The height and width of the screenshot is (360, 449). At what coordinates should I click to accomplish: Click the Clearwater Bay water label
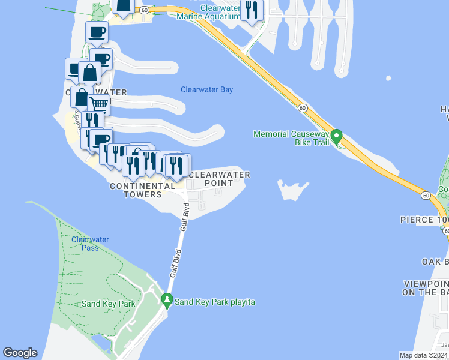pyautogui.click(x=206, y=90)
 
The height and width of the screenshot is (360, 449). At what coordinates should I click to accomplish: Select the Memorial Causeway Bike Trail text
pyautogui.click(x=291, y=138)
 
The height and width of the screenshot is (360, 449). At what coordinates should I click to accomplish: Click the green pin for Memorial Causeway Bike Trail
pyautogui.click(x=337, y=137)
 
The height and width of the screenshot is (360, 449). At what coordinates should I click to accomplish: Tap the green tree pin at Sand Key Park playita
pyautogui.click(x=167, y=299)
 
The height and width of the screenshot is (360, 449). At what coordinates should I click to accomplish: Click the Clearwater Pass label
pyautogui.click(x=90, y=244)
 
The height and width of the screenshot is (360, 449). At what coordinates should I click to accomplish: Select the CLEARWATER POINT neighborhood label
pyautogui.click(x=218, y=179)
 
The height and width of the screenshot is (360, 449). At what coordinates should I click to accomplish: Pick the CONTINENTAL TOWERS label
pyautogui.click(x=136, y=191)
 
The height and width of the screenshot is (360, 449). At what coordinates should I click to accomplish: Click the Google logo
pyautogui.click(x=20, y=353)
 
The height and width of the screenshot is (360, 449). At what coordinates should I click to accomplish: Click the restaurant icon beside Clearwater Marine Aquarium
pyautogui.click(x=252, y=9)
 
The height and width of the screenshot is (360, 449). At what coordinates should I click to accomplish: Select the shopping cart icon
pyautogui.click(x=99, y=104)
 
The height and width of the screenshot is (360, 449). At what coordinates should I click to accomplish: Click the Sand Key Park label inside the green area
pyautogui.click(x=100, y=304)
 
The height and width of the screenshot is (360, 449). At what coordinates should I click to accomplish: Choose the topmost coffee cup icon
pyautogui.click(x=96, y=32)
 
